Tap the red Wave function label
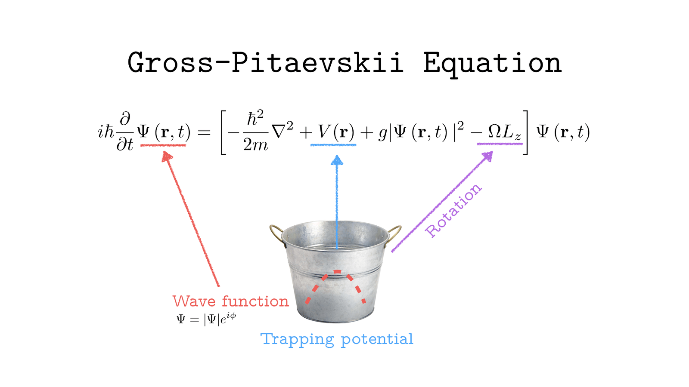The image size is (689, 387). coord(230,301)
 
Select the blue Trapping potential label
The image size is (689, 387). coord(337,339)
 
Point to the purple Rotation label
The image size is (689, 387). coord(453,211)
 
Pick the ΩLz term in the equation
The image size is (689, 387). coord(504,132)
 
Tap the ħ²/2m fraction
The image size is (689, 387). coord(255,131)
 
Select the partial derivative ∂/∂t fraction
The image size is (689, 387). coord(125,131)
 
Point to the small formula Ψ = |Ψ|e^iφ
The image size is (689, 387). coord(206,319)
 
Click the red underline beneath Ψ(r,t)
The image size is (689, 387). coord(163,145)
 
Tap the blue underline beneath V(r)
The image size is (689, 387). coord(333,145)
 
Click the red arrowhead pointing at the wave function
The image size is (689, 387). coord(167,157)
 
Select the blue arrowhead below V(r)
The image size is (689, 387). coord(337,161)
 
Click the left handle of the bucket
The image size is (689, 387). coord(276,235)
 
